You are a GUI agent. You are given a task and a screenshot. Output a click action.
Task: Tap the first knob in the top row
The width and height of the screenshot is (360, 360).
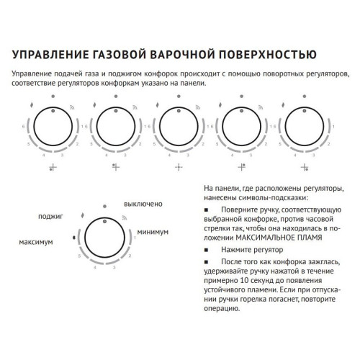click(51, 127)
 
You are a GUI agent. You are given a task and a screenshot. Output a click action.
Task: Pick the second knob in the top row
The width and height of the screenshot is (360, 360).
click(115, 127)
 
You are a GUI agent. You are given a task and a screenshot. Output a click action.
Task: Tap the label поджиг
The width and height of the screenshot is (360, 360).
click(50, 215)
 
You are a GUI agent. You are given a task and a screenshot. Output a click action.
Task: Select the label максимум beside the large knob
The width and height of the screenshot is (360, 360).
click(35, 243)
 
